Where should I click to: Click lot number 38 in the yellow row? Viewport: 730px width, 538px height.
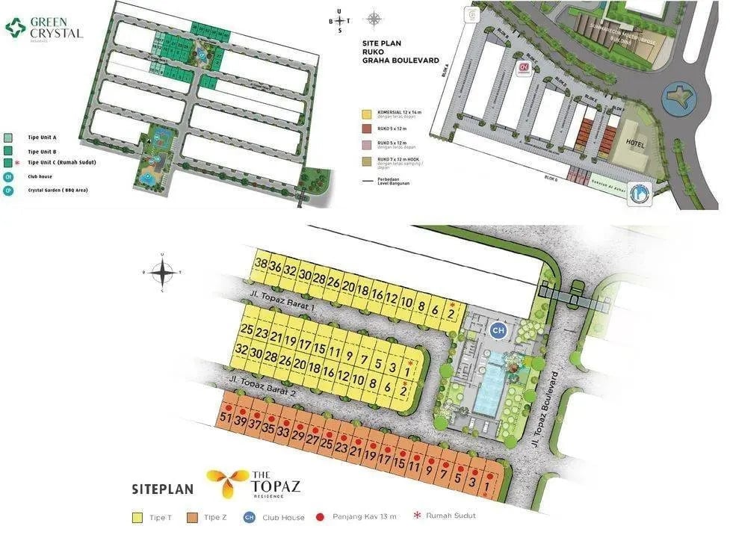point(261,264)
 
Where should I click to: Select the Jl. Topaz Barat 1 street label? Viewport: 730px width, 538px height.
point(274,311)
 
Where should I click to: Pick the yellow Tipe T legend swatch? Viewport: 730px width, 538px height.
point(137,517)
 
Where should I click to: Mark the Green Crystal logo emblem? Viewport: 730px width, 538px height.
point(15,28)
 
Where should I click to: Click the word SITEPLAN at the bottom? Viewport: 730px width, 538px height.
point(162,489)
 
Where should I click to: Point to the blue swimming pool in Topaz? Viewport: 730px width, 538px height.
point(489,377)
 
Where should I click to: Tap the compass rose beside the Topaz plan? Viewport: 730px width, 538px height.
point(163,272)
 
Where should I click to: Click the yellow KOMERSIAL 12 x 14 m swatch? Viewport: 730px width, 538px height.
point(366,115)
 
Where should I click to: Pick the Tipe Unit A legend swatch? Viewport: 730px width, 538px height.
point(7,137)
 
